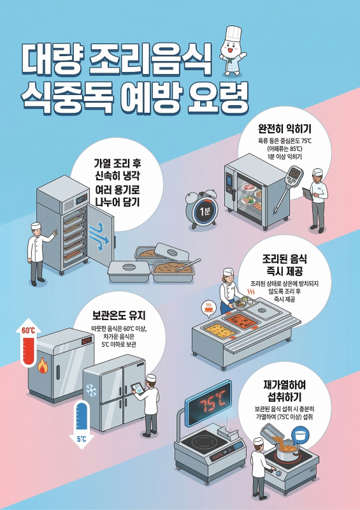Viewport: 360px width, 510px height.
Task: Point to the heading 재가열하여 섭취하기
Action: tap(285, 391)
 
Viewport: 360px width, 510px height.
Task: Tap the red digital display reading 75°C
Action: tap(212, 404)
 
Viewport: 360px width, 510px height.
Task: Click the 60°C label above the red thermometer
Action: tap(29, 331)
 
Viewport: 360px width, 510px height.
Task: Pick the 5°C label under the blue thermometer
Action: tap(82, 439)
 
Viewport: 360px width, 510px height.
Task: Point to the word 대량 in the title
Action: tap(50, 58)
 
